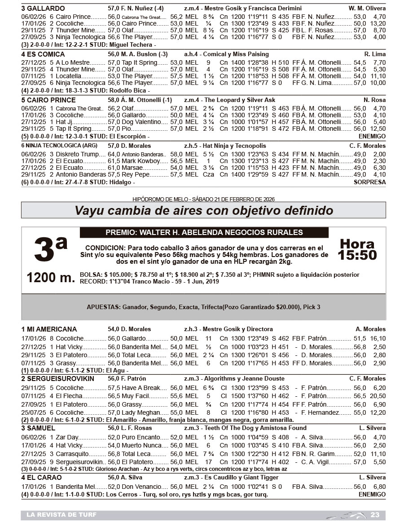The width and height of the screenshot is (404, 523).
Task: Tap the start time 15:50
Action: click(357, 255)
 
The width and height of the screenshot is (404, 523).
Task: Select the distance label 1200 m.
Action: click(51, 278)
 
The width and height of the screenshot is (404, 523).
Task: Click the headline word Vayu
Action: click(88, 210)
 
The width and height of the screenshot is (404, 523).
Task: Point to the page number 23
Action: click(375, 514)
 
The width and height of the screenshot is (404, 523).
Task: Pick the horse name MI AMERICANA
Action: click(52, 329)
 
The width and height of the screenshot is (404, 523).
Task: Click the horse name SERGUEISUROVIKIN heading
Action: click(60, 378)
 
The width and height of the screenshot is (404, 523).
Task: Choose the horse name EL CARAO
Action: click(44, 477)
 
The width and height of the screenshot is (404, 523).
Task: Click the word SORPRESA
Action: click(369, 182)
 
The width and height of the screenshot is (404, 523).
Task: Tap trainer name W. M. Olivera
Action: click(367, 8)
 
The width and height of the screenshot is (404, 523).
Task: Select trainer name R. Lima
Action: click(375, 54)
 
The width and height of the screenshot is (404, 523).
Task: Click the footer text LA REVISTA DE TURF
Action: click(61, 514)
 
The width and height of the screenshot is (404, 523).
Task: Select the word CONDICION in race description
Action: click(105, 248)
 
